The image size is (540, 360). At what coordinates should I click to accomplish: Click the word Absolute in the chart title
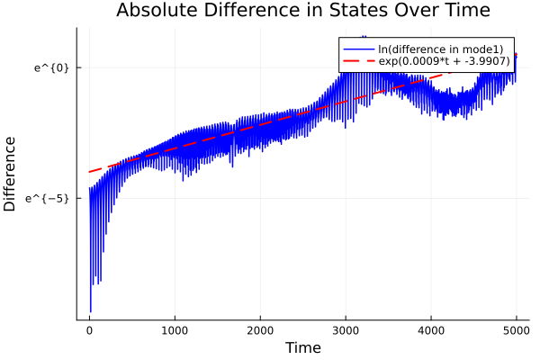[156, 11]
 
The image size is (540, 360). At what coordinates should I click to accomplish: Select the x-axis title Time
[302, 347]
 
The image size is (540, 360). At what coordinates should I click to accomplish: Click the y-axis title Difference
[11, 174]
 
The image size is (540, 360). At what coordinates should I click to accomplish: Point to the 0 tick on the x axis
[89, 330]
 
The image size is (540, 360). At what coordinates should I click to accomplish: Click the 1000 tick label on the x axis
[175, 330]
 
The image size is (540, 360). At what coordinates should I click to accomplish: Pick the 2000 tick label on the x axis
[260, 330]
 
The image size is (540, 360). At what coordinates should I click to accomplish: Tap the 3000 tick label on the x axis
[346, 330]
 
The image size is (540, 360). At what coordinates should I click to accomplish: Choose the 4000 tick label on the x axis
[431, 330]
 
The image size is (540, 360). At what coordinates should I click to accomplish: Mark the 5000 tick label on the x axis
[516, 330]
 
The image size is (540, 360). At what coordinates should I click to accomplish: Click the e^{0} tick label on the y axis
[51, 67]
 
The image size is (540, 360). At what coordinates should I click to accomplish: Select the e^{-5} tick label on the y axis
[48, 198]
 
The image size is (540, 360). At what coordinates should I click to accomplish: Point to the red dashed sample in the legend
[356, 61]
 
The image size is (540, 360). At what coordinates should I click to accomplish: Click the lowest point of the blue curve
[91, 311]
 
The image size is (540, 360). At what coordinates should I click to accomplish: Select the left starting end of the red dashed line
[89, 172]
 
